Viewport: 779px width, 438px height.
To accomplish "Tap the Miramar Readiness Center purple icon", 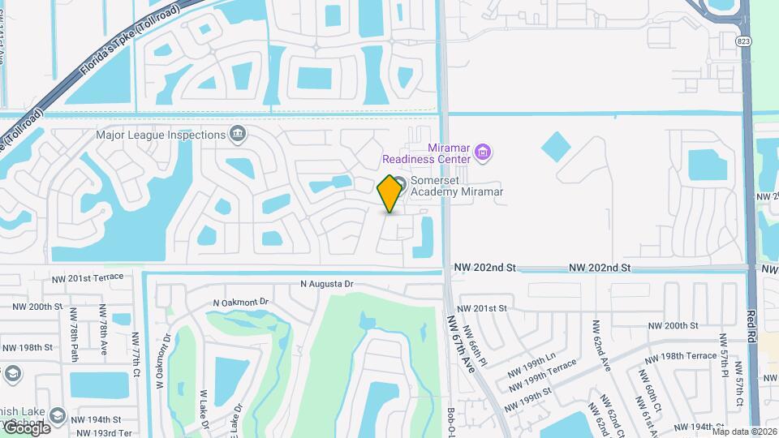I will [483, 152].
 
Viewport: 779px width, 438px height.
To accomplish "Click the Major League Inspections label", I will [160, 135].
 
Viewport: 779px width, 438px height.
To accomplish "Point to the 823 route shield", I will [743, 41].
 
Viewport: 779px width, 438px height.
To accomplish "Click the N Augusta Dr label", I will [327, 285].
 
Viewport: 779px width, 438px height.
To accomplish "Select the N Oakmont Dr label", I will [240, 302].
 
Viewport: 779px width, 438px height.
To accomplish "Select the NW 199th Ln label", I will [531, 356].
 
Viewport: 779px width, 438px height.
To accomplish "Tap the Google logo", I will [27, 427].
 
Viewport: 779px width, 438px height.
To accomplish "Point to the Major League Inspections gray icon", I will [238, 134].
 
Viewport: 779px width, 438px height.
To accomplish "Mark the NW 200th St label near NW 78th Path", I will [37, 307].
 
